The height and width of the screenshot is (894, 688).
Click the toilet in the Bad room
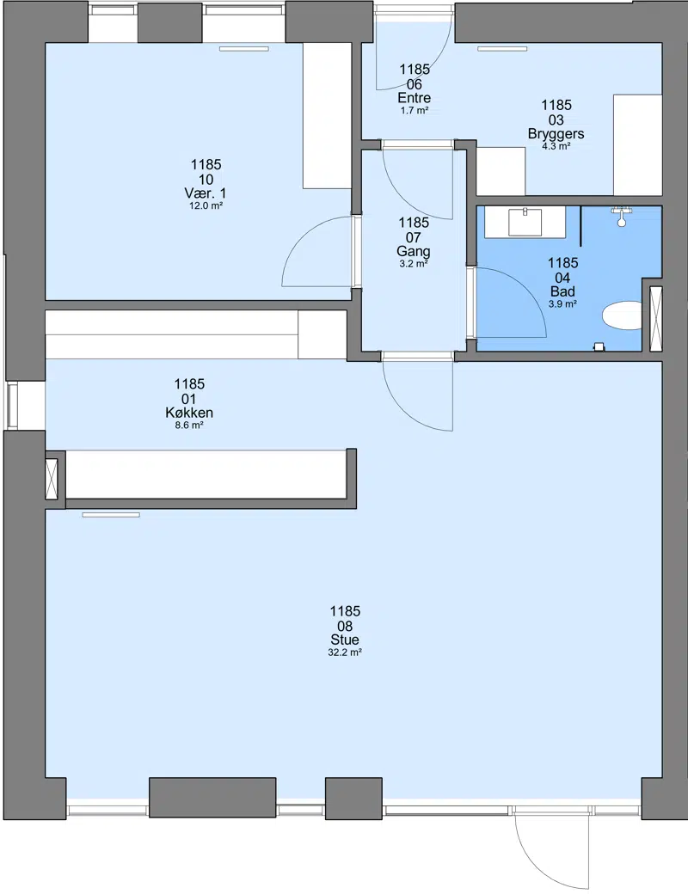(x=623, y=315)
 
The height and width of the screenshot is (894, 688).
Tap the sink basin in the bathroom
(x=525, y=222)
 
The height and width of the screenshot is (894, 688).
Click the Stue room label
(x=345, y=640)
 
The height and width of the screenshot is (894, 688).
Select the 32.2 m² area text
(x=345, y=652)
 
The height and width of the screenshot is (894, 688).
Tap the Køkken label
(x=189, y=413)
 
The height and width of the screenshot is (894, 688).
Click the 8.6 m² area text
(x=189, y=426)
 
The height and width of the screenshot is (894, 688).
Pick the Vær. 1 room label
(x=206, y=193)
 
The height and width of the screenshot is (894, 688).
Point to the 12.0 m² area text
(x=206, y=205)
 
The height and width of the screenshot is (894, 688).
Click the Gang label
(x=414, y=251)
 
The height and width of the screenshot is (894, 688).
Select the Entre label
(x=415, y=97)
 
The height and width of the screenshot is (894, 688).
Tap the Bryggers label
(x=556, y=133)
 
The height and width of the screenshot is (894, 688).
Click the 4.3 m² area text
(x=556, y=146)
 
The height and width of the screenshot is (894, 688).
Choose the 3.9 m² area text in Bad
(x=562, y=304)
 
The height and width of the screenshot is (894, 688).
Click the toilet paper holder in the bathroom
(x=599, y=346)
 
